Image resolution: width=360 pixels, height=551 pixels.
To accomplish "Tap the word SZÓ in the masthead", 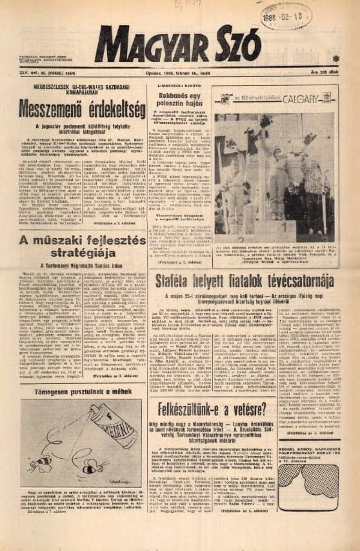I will click(x=237, y=46).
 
